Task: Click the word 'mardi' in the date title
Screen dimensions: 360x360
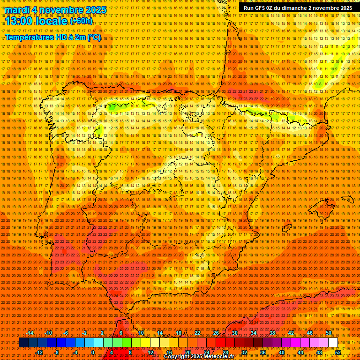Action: pos(17,10)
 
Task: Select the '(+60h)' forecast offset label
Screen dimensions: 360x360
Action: pos(81,21)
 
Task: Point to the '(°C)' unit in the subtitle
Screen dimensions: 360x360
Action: pos(94,37)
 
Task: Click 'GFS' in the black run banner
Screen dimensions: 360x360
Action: pos(257,8)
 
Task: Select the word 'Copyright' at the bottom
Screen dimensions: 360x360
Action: pos(178,357)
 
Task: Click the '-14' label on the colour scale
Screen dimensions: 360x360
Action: pos(30,333)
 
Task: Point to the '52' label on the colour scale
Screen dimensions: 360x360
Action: pos(338,352)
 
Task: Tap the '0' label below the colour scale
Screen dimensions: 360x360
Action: pos(93,352)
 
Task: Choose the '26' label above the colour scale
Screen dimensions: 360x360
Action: pos(216,333)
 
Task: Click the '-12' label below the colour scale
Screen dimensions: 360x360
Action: pos(39,352)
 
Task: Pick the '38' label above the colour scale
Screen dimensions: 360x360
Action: pos(272,333)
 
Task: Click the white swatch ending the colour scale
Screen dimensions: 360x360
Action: pos(333,343)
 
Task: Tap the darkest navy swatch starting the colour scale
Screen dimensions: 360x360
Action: pos(23,343)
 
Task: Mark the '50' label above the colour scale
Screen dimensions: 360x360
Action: pos(329,333)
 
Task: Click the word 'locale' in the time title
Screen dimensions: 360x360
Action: pos(53,21)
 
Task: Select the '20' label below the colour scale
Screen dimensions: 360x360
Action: pos(187,352)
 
